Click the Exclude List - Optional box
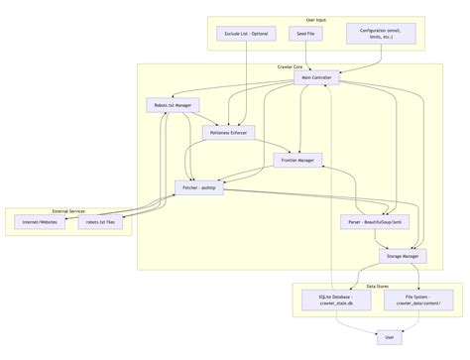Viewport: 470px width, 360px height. pos(245,34)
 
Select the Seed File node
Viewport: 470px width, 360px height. pos(306,34)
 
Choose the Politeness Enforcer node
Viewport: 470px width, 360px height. pos(230,131)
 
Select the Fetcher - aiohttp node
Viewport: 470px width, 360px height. pos(201,186)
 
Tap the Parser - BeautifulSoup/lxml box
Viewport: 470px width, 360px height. pos(376,221)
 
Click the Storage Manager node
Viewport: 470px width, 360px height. pos(402,256)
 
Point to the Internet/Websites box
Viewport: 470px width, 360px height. pos(40,222)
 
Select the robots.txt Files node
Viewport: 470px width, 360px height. pos(103,222)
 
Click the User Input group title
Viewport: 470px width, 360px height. pos(316,20)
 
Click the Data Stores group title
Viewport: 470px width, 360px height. pos(377,286)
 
